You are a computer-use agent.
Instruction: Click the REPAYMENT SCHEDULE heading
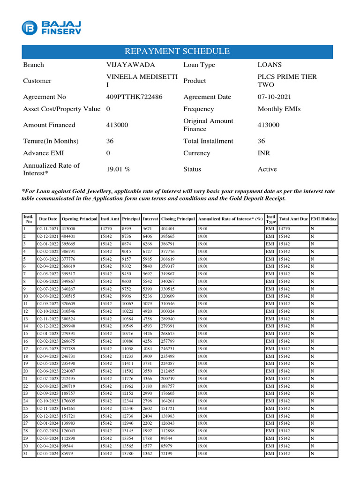coord(177,52)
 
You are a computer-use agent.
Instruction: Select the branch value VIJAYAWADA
coord(130,65)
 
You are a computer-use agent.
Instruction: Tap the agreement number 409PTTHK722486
coord(135,97)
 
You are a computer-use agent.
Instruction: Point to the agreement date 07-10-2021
coord(274,97)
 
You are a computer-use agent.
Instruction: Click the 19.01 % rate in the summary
coord(117,169)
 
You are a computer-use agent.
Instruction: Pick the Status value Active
coord(267,169)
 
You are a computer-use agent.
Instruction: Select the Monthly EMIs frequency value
coord(279,109)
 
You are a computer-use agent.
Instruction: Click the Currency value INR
coord(264,153)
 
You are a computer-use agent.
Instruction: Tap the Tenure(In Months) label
coord(51,141)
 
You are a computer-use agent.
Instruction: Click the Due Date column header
coord(48,219)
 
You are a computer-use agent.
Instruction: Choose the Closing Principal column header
coord(178,219)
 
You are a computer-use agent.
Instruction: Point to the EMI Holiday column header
coord(323,219)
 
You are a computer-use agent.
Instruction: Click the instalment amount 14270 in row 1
coord(106,229)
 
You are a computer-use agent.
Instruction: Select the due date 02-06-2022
coord(48,281)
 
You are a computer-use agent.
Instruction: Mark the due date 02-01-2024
coord(48,424)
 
